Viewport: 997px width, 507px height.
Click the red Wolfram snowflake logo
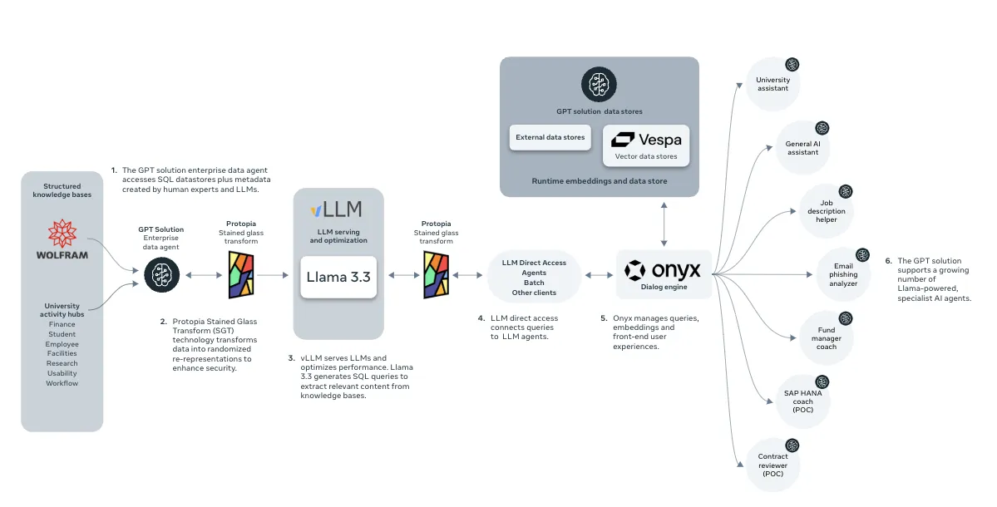(62, 234)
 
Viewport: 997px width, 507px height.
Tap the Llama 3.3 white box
(338, 277)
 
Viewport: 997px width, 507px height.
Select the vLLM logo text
(337, 209)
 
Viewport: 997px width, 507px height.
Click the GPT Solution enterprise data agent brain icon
(162, 275)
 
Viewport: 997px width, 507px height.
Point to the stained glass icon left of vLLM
(241, 275)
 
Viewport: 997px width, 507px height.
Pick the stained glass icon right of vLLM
(437, 275)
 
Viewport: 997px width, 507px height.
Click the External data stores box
(550, 137)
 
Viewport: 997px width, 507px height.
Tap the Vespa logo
(646, 140)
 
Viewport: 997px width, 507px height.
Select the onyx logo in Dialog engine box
(663, 271)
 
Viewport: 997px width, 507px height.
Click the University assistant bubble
(772, 84)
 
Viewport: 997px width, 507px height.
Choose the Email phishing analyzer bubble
(843, 274)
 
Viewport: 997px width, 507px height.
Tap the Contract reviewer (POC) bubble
(772, 465)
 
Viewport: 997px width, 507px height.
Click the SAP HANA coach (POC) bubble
(802, 401)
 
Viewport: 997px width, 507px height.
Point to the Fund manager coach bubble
(826, 338)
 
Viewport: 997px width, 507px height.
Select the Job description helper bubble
(826, 211)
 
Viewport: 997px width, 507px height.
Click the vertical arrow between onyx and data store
(664, 224)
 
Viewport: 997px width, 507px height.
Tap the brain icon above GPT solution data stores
(599, 85)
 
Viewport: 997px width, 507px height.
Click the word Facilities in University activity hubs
(62, 353)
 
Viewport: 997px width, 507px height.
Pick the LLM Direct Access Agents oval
(534, 277)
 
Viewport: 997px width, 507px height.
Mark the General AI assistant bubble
(802, 147)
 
